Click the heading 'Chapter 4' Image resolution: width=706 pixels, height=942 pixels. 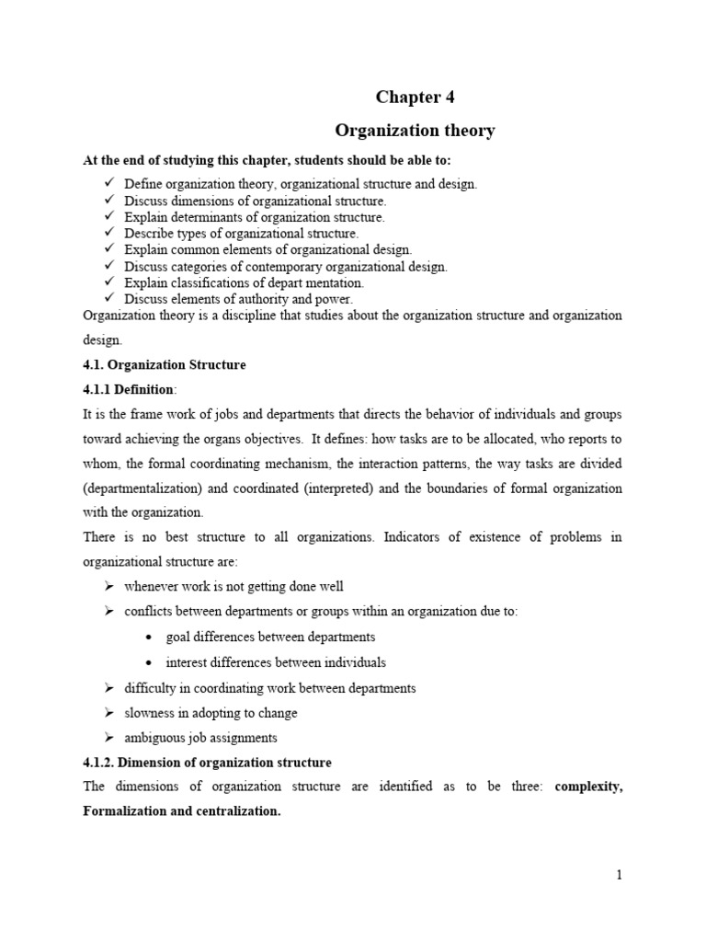(414, 98)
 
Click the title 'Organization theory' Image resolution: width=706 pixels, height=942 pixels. (414, 131)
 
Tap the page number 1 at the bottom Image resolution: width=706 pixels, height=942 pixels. (620, 876)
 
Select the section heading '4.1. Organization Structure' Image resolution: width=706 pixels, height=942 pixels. (165, 365)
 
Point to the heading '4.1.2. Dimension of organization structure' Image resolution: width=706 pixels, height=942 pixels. (207, 763)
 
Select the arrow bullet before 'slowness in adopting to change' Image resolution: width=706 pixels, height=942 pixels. (108, 713)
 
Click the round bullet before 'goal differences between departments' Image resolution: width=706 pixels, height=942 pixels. (148, 637)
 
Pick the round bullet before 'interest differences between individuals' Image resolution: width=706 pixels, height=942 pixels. (148, 662)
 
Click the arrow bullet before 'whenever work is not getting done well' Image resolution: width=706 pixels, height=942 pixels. (108, 587)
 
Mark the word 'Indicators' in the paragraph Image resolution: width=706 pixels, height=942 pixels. (397, 536)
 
